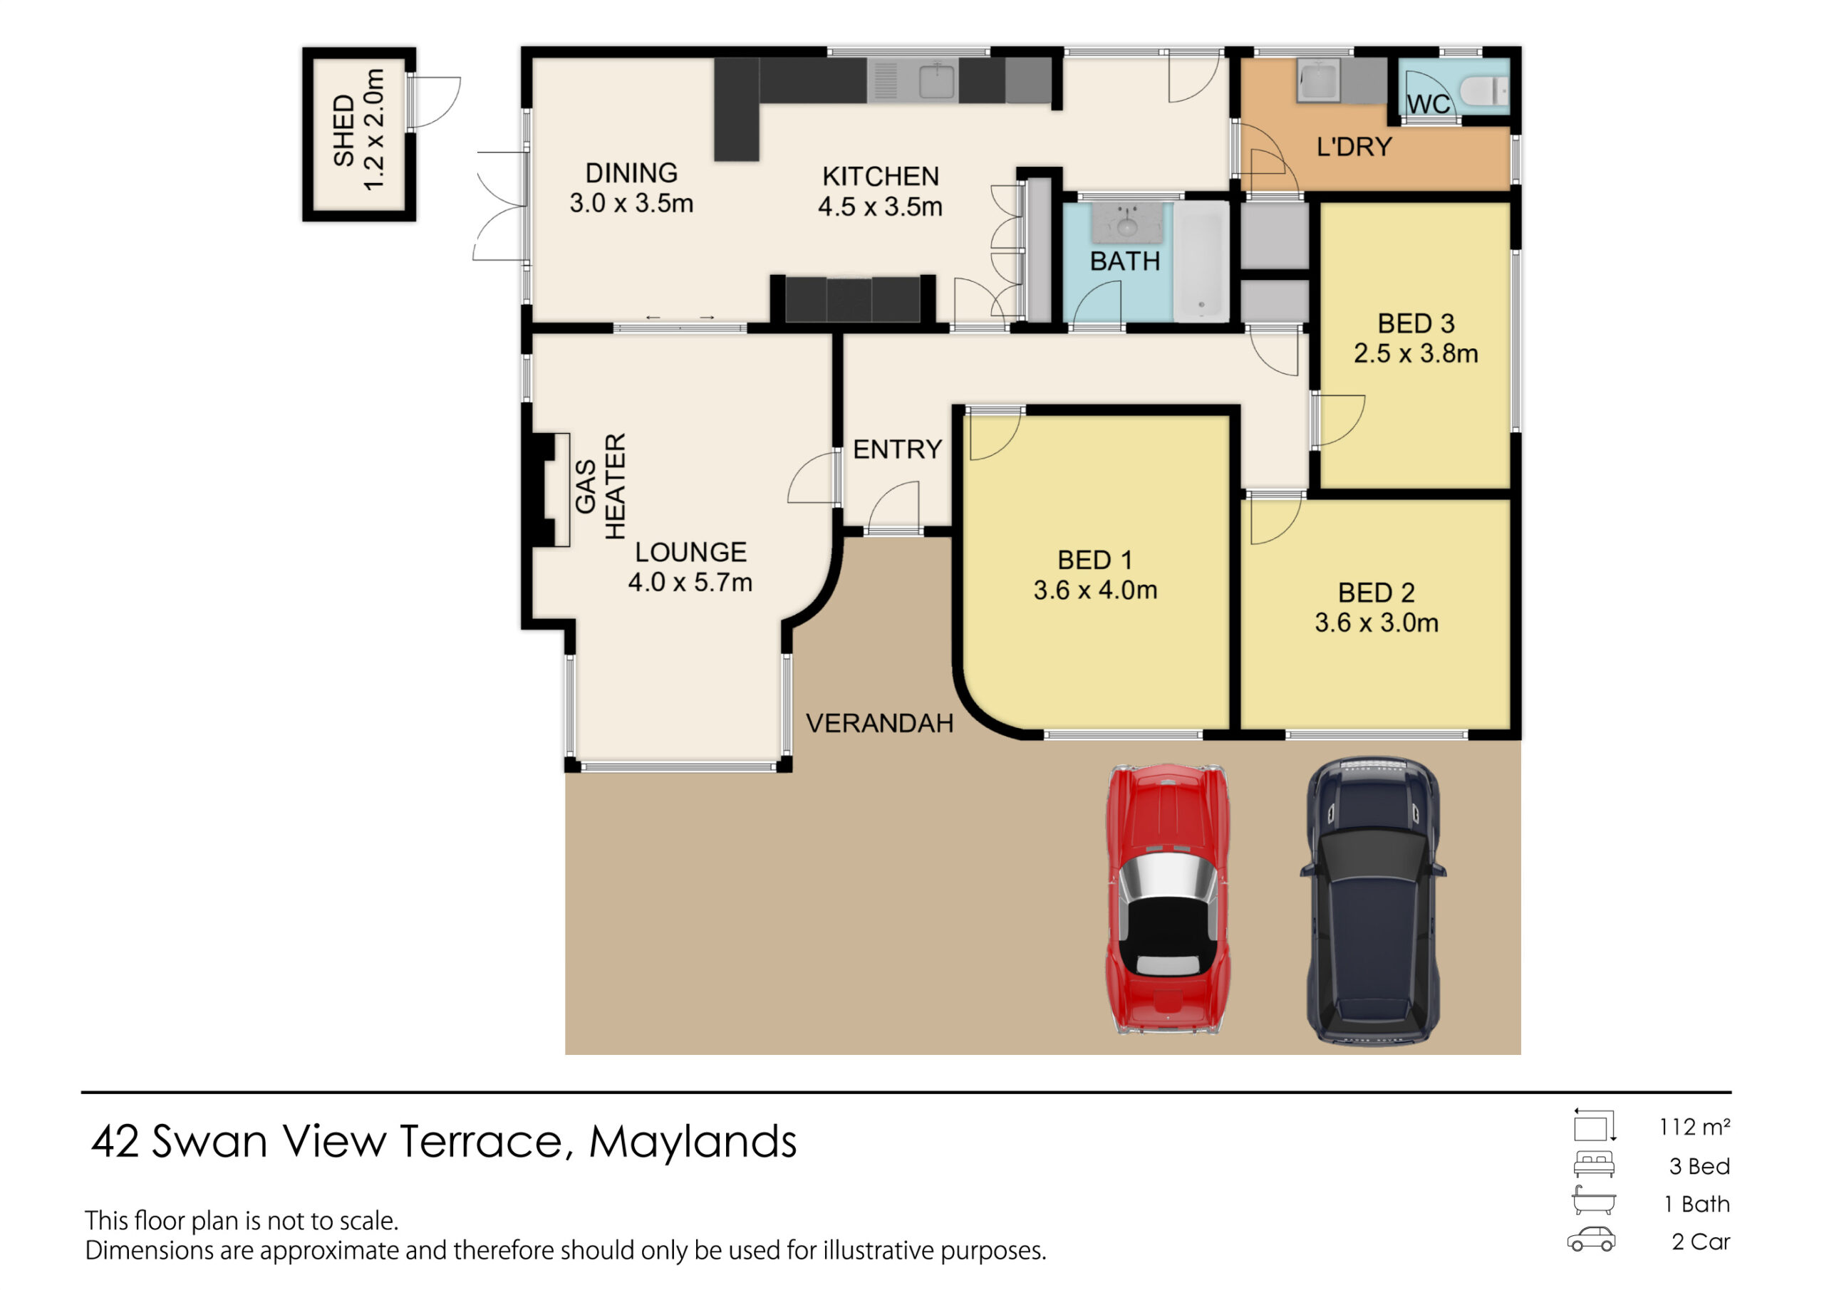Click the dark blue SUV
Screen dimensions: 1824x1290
coord(1373,900)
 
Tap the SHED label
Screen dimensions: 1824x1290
coord(343,130)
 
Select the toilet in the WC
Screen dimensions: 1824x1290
coord(1483,90)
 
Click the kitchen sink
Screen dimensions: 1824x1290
coord(937,80)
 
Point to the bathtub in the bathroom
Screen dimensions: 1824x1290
coord(1201,261)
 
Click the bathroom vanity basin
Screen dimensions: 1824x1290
coord(1126,222)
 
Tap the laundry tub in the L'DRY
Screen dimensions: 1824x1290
coord(1318,80)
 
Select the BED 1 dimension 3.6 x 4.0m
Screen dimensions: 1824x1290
coord(1094,591)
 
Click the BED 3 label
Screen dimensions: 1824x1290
coord(1416,323)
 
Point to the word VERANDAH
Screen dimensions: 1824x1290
coord(879,723)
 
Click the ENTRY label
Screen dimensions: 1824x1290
coord(897,449)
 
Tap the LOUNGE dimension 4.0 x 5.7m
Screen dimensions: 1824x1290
coord(690,582)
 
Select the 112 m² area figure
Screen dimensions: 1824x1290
coord(1694,1126)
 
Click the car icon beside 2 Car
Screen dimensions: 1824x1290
coord(1591,1240)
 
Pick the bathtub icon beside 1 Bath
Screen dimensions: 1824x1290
coord(1593,1200)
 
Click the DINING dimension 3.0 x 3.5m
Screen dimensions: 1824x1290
coord(631,203)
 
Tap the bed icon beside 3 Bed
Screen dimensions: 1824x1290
coord(1594,1165)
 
